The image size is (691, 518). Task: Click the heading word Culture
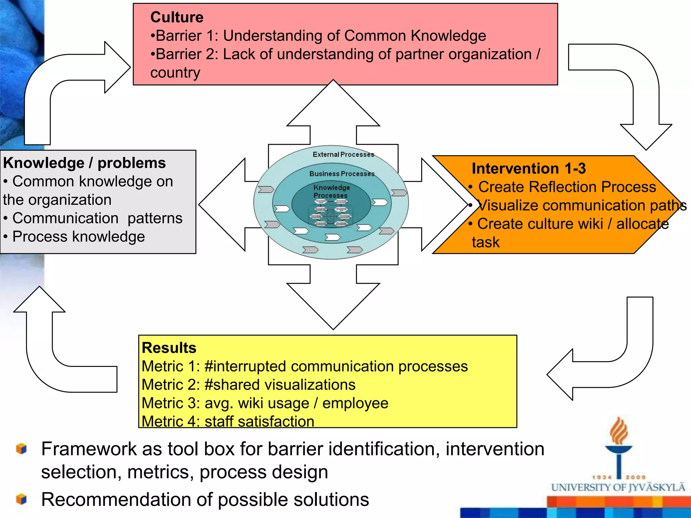[x=177, y=18]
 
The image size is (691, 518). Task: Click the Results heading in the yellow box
[x=169, y=348]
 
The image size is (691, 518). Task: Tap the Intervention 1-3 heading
[x=528, y=169]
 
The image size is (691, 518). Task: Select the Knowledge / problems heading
[x=84, y=163]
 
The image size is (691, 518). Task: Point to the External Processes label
[x=343, y=155]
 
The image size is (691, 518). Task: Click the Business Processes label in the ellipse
[x=342, y=174]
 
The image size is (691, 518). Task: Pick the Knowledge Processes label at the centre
[x=331, y=192]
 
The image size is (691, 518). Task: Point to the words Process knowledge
[x=79, y=237]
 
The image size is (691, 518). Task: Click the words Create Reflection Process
[x=567, y=187]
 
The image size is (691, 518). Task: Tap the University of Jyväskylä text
[x=618, y=488]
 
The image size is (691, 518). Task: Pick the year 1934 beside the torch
[x=602, y=477]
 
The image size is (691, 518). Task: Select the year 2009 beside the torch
[x=636, y=477]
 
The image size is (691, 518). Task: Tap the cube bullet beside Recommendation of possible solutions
[x=21, y=499]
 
